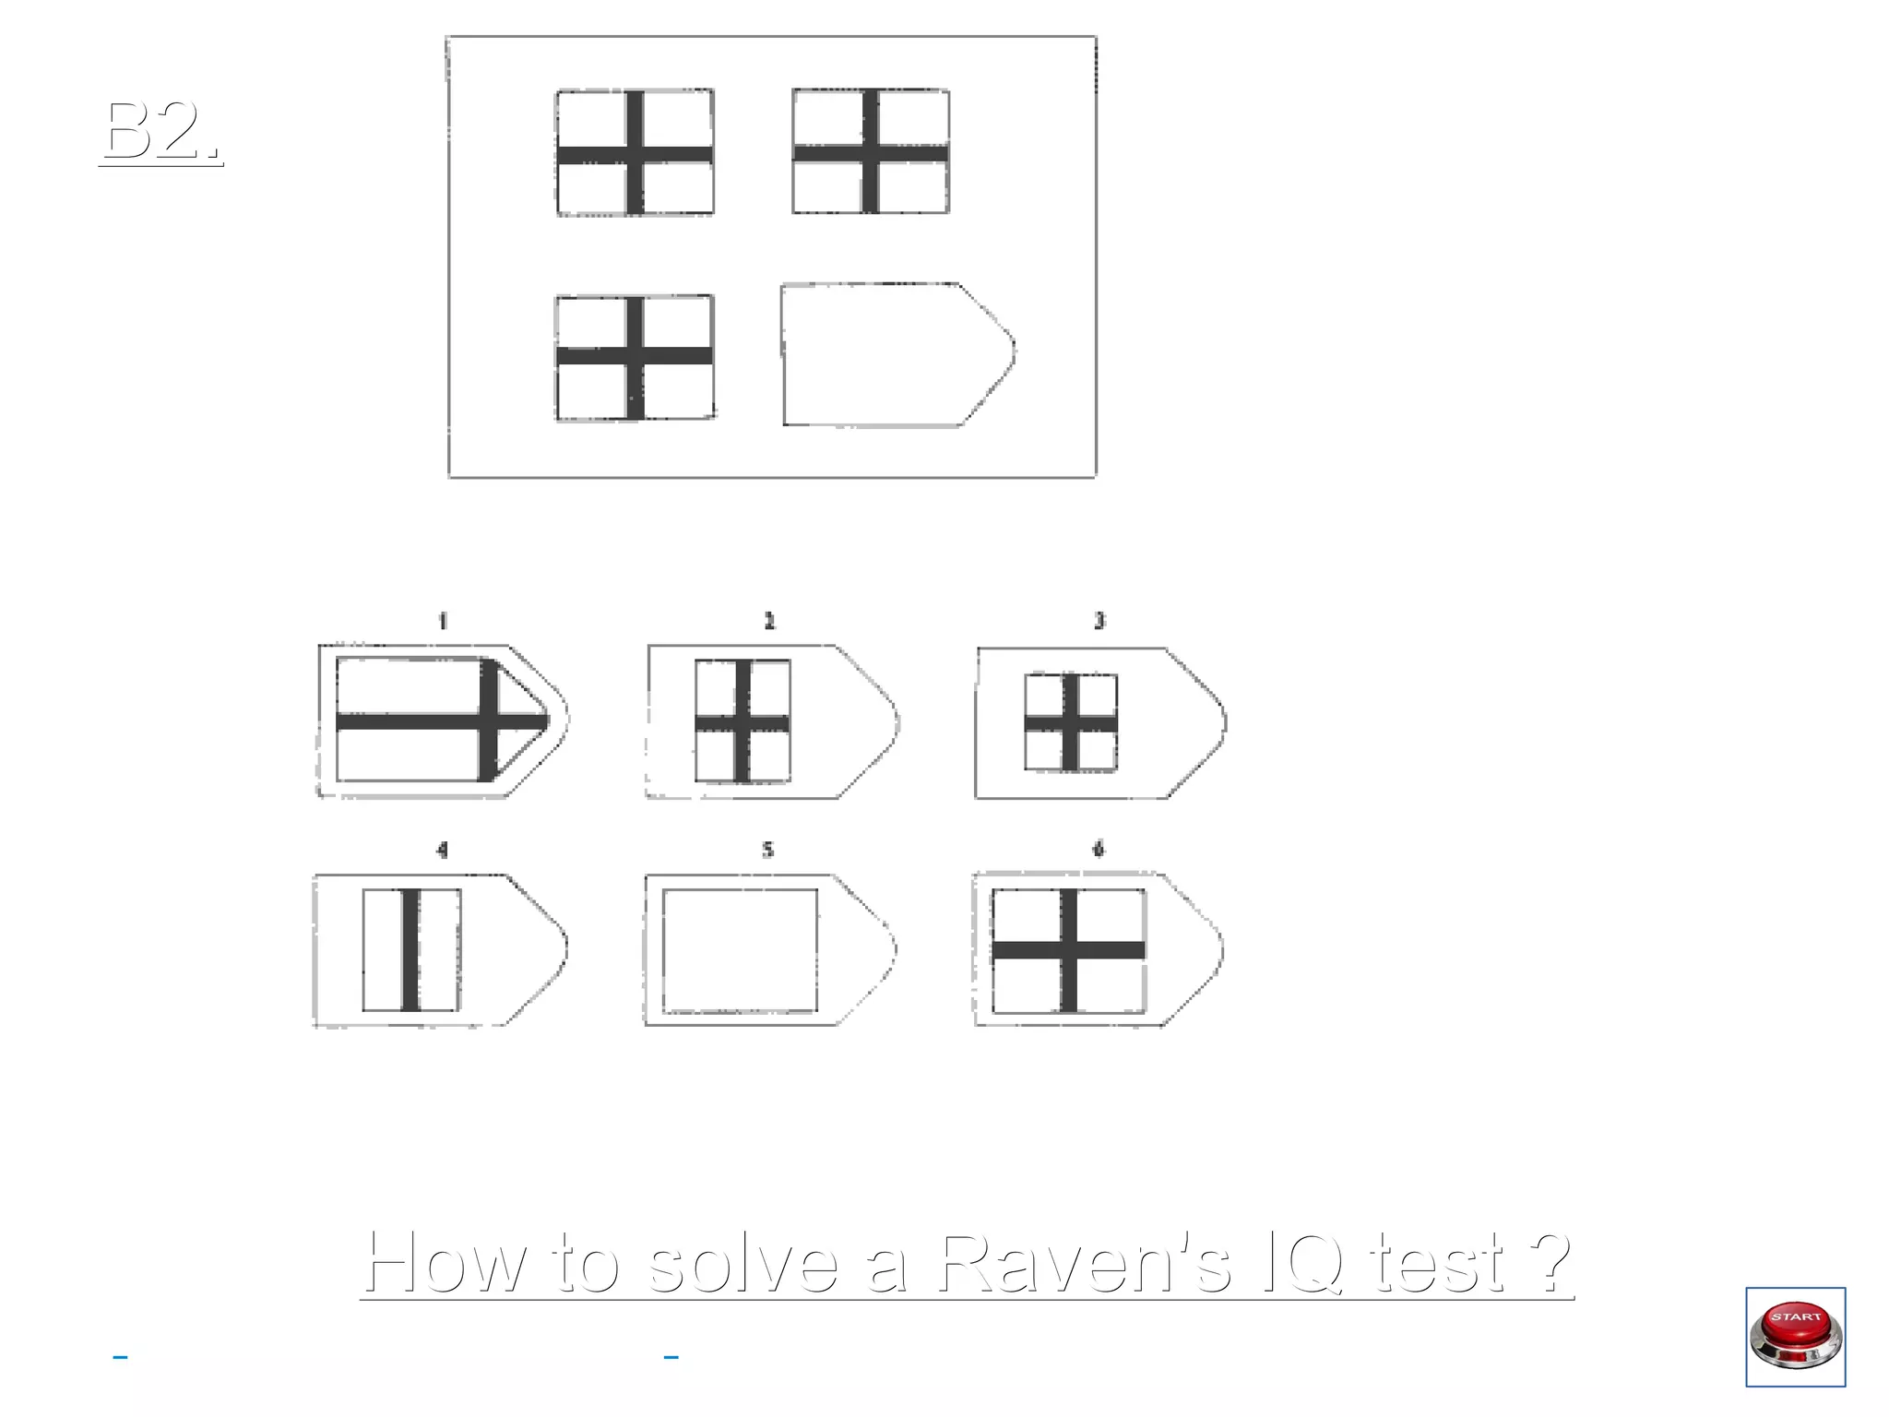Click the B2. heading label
click(x=161, y=131)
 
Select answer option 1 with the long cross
click(x=440, y=720)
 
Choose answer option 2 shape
click(x=771, y=721)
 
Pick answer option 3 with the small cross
click(x=1099, y=723)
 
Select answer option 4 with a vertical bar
click(x=439, y=949)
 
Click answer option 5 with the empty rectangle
click(x=768, y=949)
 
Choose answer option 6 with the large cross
click(x=1097, y=949)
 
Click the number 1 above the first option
click(x=443, y=621)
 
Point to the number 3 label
click(x=1099, y=621)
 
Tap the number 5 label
click(x=767, y=849)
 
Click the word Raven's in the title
click(x=1084, y=1262)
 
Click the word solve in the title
click(x=743, y=1262)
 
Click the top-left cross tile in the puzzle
click(x=635, y=153)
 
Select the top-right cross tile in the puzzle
click(x=871, y=152)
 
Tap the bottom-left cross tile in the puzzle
click(x=635, y=358)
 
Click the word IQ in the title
click(x=1301, y=1262)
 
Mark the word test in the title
click(x=1435, y=1262)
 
